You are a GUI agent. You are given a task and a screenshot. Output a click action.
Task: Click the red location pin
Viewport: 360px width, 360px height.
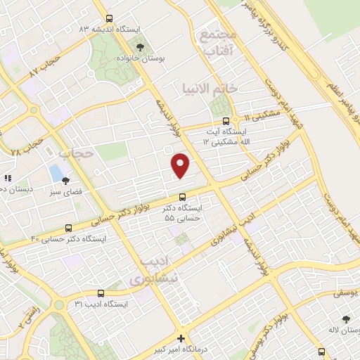point(181,165)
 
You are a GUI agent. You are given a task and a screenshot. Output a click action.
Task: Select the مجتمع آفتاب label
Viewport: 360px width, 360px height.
point(219,44)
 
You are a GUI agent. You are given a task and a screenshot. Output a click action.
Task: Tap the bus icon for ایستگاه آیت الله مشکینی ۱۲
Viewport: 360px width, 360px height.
point(225,120)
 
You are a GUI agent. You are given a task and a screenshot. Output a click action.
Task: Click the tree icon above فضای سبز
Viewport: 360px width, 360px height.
point(65,181)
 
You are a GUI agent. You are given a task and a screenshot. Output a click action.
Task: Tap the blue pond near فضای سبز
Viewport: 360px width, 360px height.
point(56,172)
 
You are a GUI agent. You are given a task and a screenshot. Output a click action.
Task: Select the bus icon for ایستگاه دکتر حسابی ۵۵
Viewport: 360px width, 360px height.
point(182,197)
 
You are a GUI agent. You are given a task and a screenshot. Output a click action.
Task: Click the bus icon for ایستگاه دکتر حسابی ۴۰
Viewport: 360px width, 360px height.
point(68,228)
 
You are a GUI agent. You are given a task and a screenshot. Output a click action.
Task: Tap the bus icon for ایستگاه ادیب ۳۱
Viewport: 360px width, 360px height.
point(101,293)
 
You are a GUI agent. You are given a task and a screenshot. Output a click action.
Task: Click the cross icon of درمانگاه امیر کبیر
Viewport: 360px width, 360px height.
point(181,338)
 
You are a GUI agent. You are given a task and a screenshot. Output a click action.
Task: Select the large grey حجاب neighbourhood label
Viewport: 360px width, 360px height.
point(76,152)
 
